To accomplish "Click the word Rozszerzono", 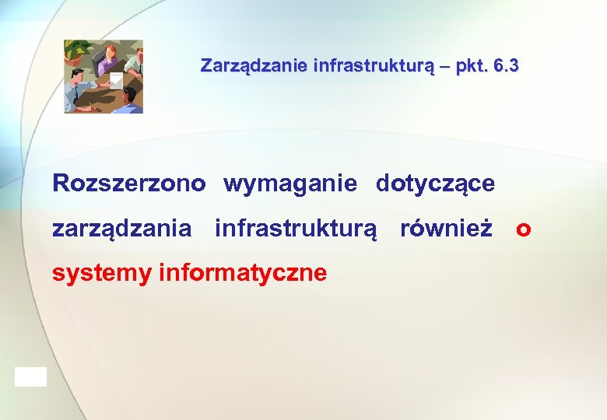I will click(129, 184).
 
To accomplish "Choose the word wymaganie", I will click(290, 184).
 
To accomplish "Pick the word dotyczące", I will click(435, 184).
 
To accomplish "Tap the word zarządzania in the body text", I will click(121, 230).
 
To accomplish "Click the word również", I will click(446, 229).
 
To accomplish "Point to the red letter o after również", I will click(523, 231).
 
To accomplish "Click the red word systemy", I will click(101, 274).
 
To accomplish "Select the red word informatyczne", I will click(243, 273).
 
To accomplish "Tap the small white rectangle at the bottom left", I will click(30, 376).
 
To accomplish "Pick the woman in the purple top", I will click(109, 58).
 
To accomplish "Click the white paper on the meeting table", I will click(116, 80).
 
